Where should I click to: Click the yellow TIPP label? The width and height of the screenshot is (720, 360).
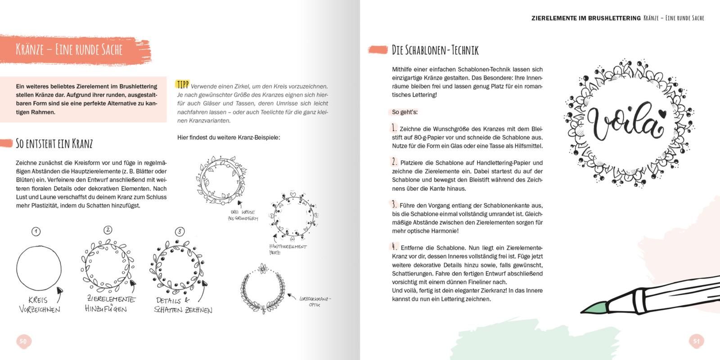(x=182, y=85)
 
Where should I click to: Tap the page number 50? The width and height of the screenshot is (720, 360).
(x=22, y=342)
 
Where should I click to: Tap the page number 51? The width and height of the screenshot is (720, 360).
(x=696, y=341)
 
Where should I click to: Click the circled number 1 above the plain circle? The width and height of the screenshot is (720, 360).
(x=36, y=232)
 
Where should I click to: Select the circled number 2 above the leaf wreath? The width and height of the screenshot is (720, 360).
(x=108, y=230)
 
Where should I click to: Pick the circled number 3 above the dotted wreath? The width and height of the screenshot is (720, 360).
(x=180, y=232)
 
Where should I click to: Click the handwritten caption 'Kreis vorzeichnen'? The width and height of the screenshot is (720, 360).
(x=39, y=305)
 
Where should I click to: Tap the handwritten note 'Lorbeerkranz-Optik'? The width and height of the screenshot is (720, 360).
(x=315, y=301)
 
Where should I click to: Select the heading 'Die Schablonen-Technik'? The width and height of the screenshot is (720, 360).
(x=435, y=50)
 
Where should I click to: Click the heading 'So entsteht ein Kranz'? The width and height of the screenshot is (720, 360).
(x=54, y=144)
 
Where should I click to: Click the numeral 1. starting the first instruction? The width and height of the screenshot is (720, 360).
(x=395, y=128)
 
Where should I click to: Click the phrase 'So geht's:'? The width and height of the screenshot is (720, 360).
(x=405, y=112)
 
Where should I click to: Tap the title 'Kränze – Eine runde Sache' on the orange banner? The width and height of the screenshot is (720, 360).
(x=69, y=49)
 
